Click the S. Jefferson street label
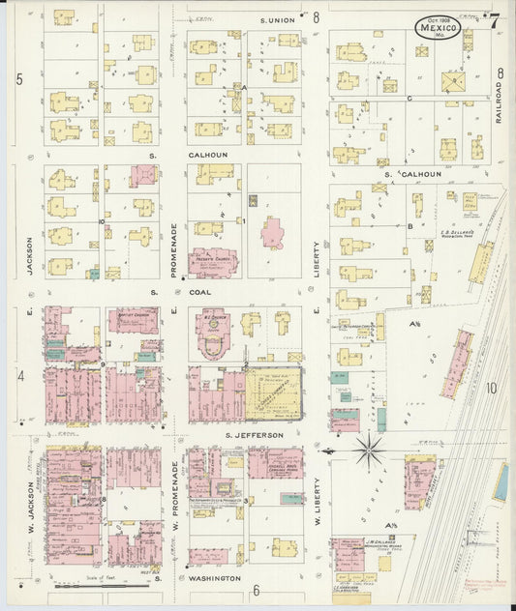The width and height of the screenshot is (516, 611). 254,435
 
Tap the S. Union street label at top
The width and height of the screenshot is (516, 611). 276,18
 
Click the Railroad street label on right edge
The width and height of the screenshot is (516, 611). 499,101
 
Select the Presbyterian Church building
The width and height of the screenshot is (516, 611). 206,260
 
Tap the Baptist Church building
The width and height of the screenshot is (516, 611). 134,320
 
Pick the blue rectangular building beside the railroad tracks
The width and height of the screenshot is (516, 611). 501,482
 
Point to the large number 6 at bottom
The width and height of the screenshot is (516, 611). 257,591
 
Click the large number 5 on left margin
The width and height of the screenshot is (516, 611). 19,78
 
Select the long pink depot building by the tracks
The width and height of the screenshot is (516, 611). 456,364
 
